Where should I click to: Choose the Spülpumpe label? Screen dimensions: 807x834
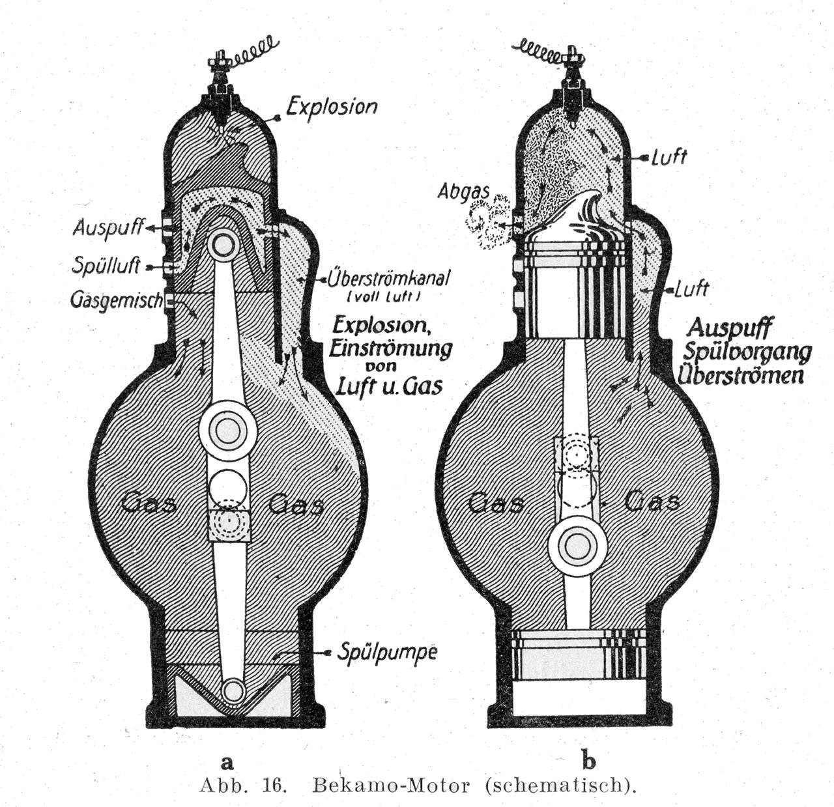(x=376, y=653)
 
